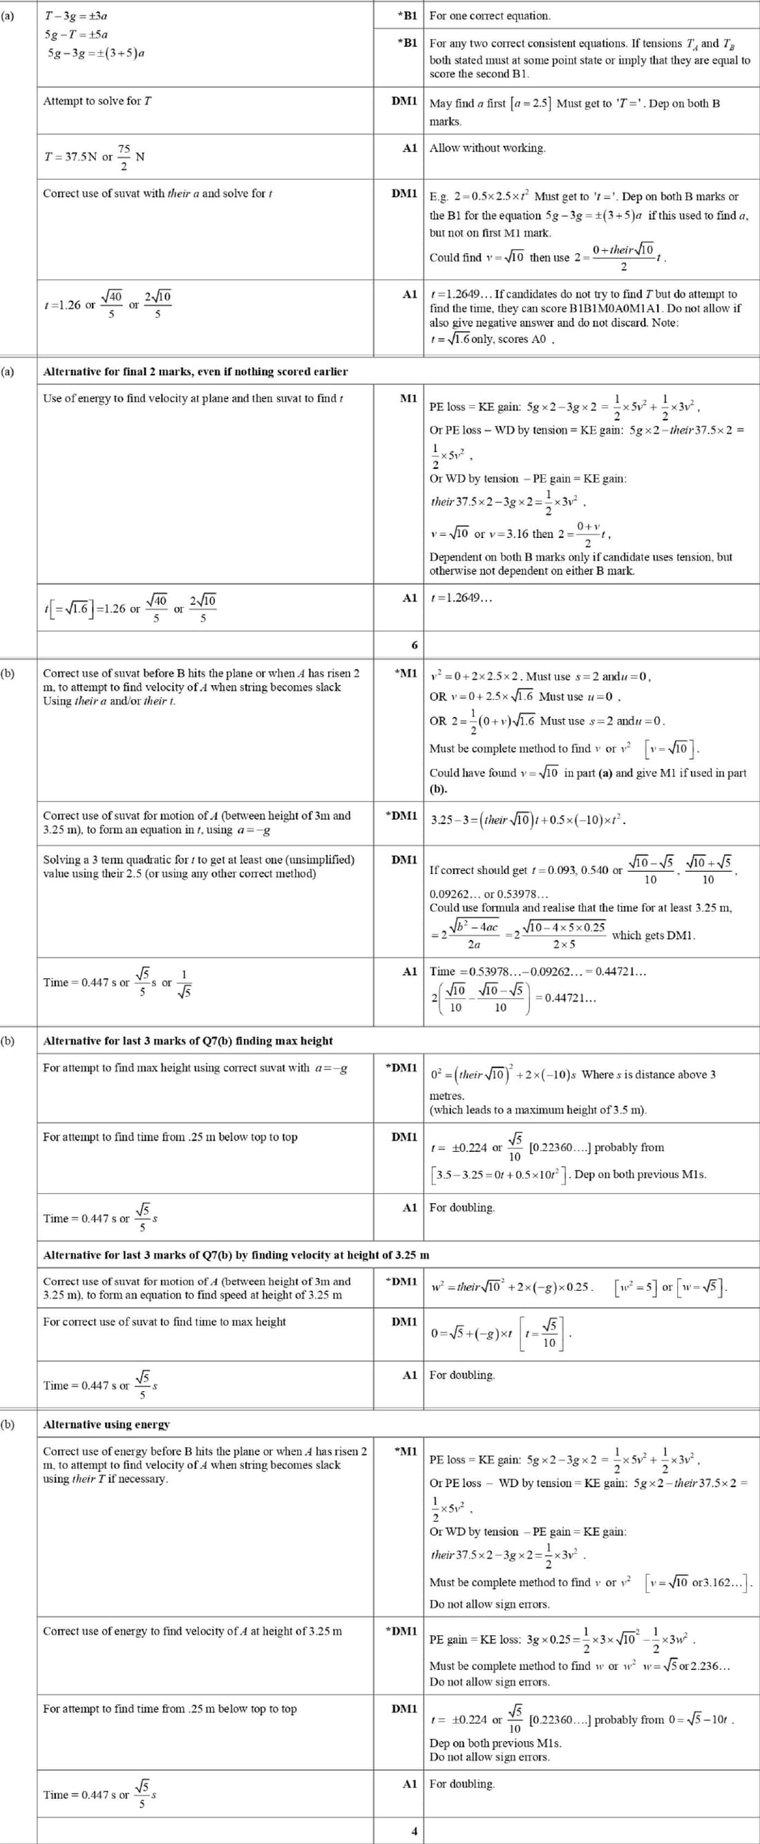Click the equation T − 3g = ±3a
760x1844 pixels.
76,16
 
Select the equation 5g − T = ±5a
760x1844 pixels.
76,35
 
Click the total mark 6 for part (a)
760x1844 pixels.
415,645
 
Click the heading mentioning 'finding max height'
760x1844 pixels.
188,1041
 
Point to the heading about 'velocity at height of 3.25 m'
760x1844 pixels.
236,1255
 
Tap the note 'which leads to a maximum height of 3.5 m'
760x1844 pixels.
538,1110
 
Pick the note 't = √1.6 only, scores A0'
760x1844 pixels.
493,339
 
